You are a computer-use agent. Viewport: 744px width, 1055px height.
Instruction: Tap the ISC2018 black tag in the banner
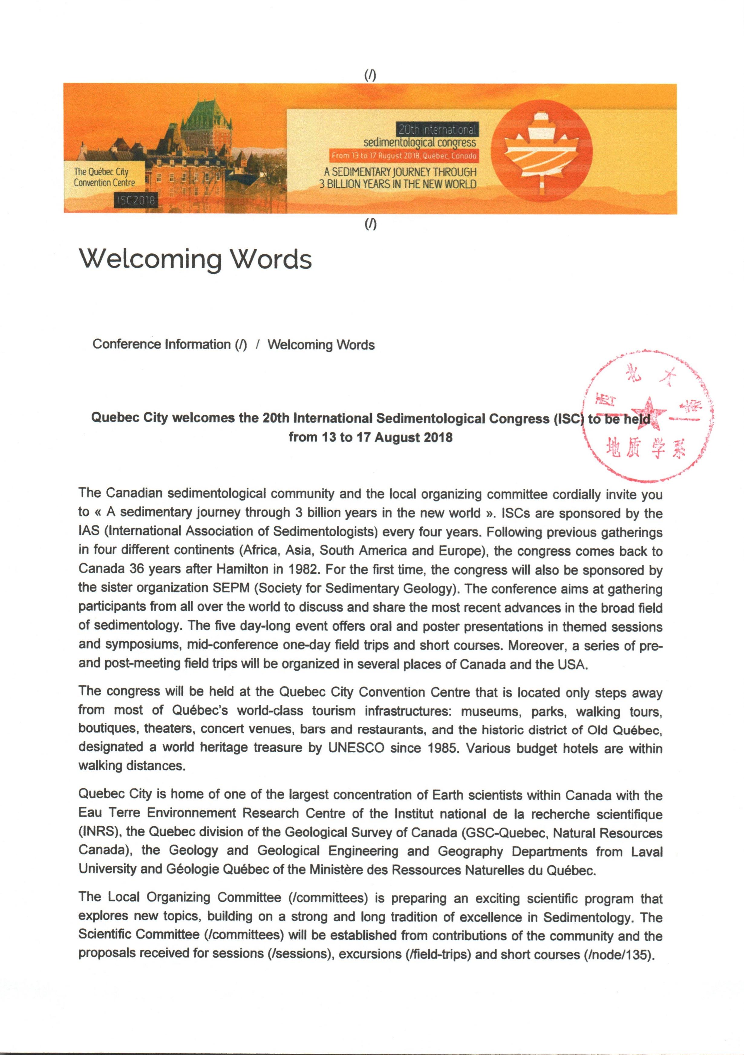136,200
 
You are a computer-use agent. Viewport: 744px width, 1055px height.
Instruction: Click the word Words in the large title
271,259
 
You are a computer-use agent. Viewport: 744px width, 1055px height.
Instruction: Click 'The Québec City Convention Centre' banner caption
104,177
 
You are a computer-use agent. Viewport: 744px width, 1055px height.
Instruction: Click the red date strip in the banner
403,156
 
